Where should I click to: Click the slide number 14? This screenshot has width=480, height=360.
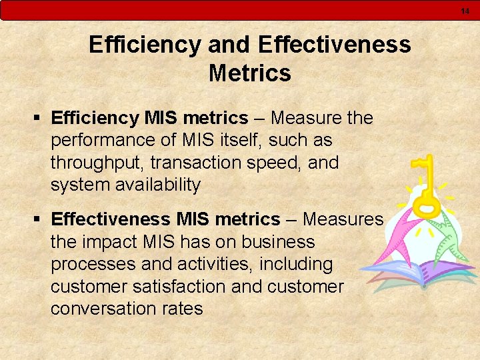pos(465,10)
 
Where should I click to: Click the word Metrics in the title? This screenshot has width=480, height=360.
pos(249,73)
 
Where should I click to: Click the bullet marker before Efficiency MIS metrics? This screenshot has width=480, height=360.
pos(37,119)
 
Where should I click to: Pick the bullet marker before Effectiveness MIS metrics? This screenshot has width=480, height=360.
pos(37,219)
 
